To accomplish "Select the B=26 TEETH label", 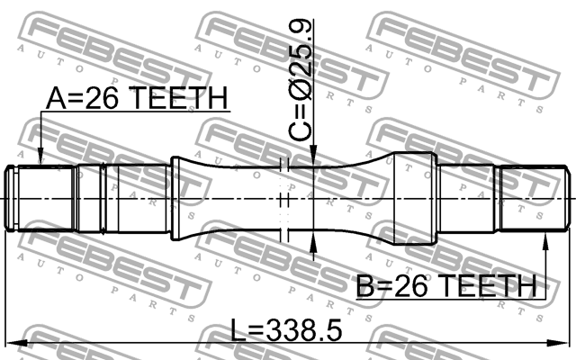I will pyautogui.click(x=446, y=285).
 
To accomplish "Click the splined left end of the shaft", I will pyautogui.click(x=40, y=198).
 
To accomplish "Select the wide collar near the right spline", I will pyautogui.click(x=414, y=198).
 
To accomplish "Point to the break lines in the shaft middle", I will pyautogui.click(x=284, y=198).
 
